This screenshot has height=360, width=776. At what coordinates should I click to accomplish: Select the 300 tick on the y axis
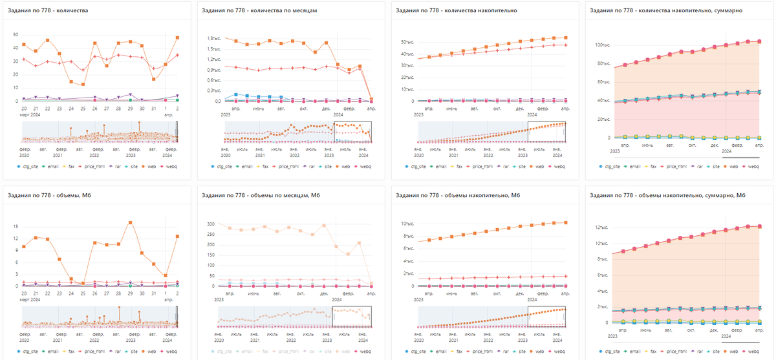(209, 224)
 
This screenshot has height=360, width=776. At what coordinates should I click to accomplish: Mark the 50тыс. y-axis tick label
(407, 43)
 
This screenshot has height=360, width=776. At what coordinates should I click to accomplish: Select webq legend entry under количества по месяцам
(364, 166)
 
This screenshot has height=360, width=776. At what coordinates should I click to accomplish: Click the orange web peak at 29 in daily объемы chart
(131, 223)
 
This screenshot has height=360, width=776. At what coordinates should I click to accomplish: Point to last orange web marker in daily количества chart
(177, 37)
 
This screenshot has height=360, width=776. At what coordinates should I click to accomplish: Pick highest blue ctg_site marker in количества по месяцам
(236, 94)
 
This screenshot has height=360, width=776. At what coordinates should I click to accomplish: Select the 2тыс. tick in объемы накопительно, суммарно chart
(603, 306)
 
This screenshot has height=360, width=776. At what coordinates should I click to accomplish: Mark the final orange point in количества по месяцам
(371, 99)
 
